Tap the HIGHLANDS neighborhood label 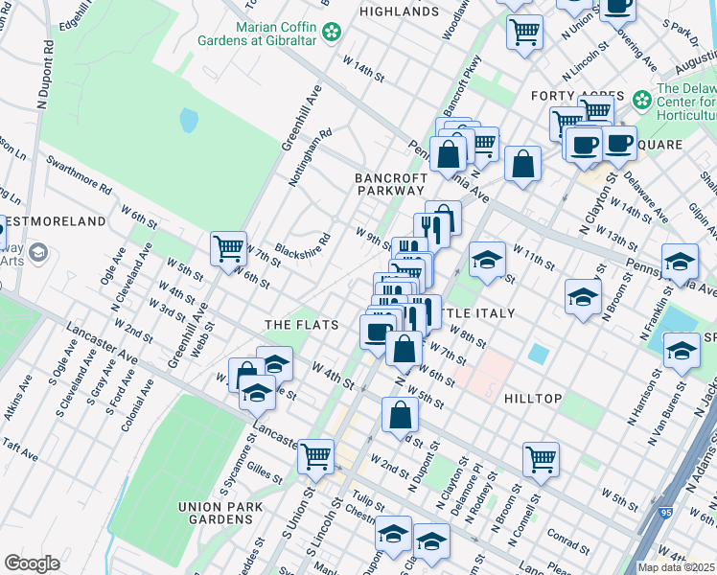pyautogui.click(x=399, y=11)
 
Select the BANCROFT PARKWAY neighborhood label pyautogui.click(x=390, y=185)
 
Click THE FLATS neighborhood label pyautogui.click(x=301, y=326)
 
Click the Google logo pyautogui.click(x=32, y=563)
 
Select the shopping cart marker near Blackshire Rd pyautogui.click(x=229, y=249)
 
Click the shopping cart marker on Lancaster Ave pyautogui.click(x=315, y=457)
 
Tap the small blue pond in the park pyautogui.click(x=189, y=121)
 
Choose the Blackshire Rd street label pyautogui.click(x=302, y=244)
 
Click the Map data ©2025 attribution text pyautogui.click(x=677, y=567)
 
